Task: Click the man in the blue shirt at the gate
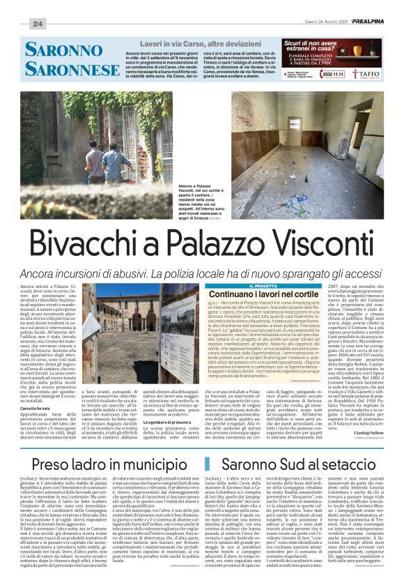[x=115, y=165]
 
